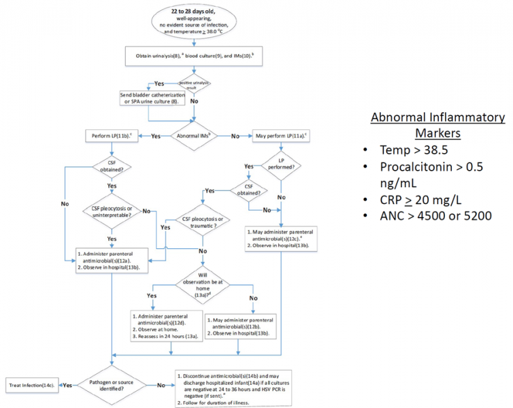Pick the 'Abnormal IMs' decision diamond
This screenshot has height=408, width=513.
[196, 135]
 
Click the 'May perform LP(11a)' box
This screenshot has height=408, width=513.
[281, 135]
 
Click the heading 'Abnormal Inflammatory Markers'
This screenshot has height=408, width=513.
[437, 124]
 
